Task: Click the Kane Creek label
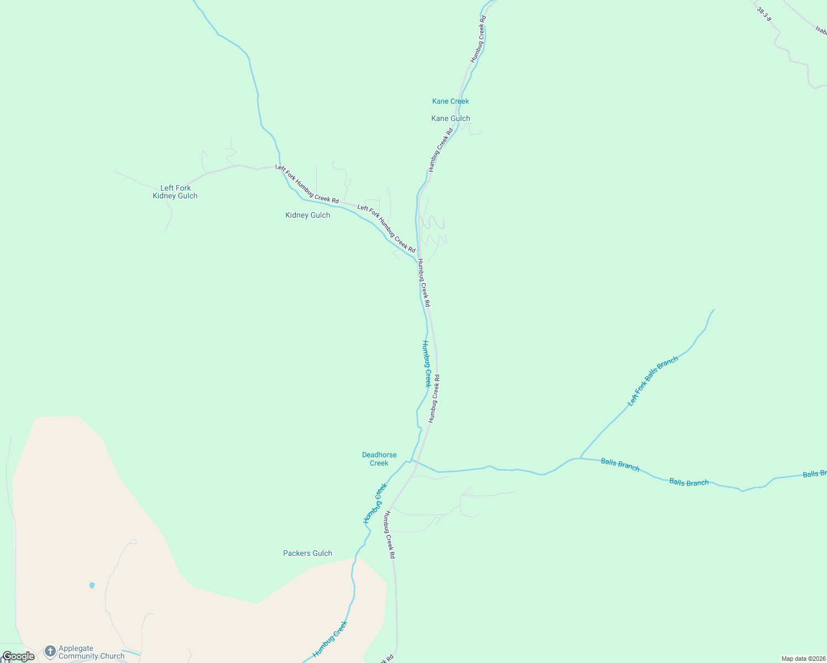click(450, 101)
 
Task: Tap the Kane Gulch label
click(451, 118)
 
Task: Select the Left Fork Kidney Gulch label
click(175, 192)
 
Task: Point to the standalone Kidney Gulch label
click(307, 215)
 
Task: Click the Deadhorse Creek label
click(379, 459)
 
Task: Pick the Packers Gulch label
click(307, 553)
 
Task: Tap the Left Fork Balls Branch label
click(653, 381)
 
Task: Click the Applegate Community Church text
click(91, 653)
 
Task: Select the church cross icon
click(50, 652)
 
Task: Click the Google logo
click(18, 656)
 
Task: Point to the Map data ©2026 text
click(803, 659)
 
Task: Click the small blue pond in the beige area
click(92, 585)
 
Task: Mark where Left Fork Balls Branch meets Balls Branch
click(579, 458)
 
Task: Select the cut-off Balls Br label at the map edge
click(814, 474)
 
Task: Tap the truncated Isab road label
click(820, 29)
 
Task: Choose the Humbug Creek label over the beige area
click(330, 639)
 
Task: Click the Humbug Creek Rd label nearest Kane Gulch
click(441, 150)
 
